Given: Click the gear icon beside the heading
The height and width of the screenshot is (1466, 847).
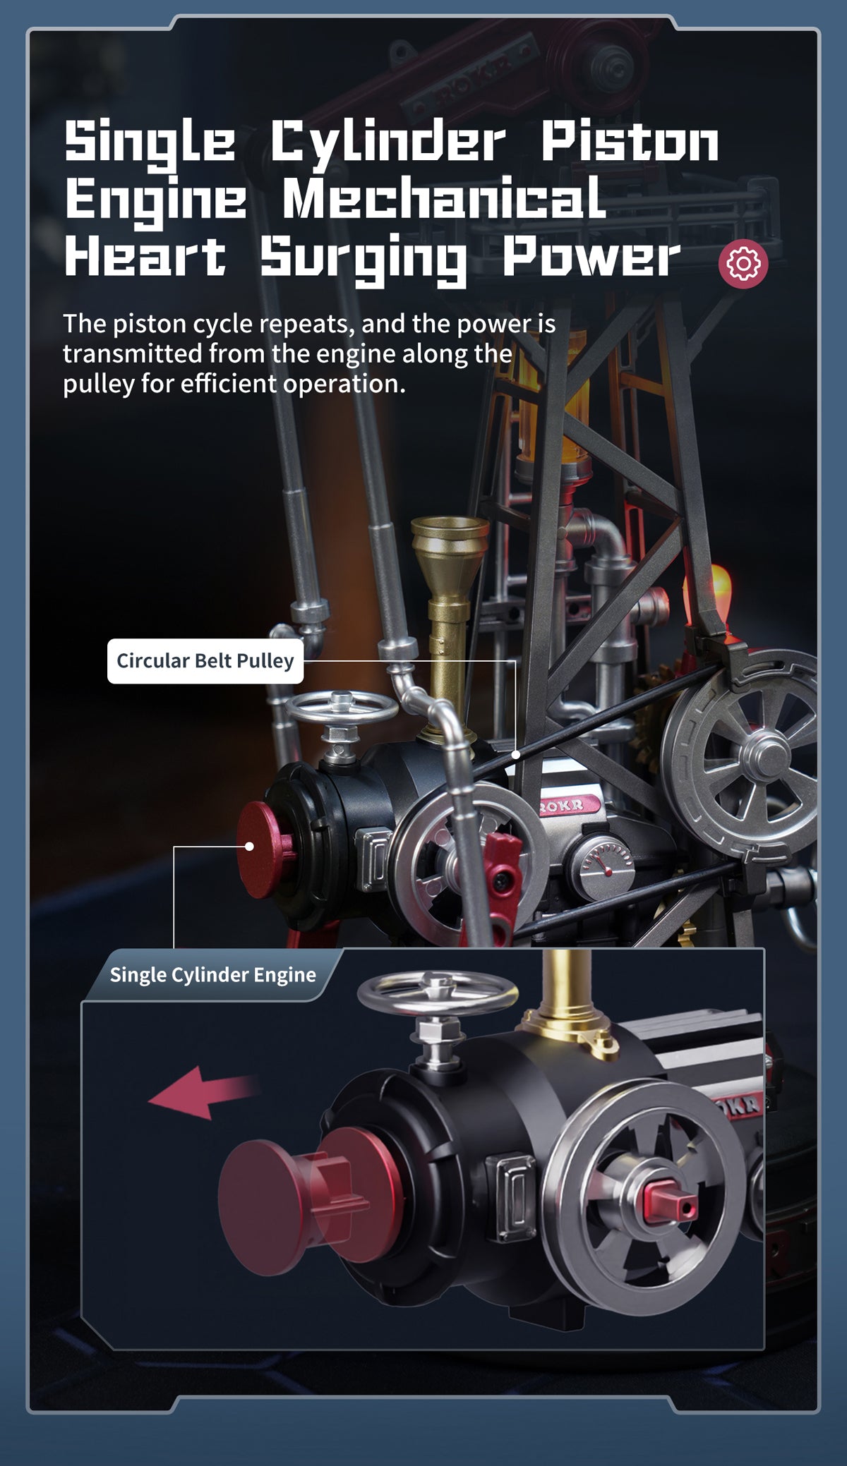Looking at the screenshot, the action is click(743, 264).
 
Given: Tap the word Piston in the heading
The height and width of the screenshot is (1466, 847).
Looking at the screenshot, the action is click(630, 141).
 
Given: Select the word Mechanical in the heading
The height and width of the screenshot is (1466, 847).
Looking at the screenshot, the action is click(444, 199).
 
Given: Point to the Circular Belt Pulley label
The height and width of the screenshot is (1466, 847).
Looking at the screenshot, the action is click(205, 661).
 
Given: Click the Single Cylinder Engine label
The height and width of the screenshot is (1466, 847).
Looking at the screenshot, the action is click(212, 975).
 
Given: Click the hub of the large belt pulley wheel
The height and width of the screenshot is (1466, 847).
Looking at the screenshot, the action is click(767, 755).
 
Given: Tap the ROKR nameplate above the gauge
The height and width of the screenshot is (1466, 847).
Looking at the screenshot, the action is click(569, 805).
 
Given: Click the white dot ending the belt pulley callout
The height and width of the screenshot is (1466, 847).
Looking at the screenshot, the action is click(516, 754).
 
